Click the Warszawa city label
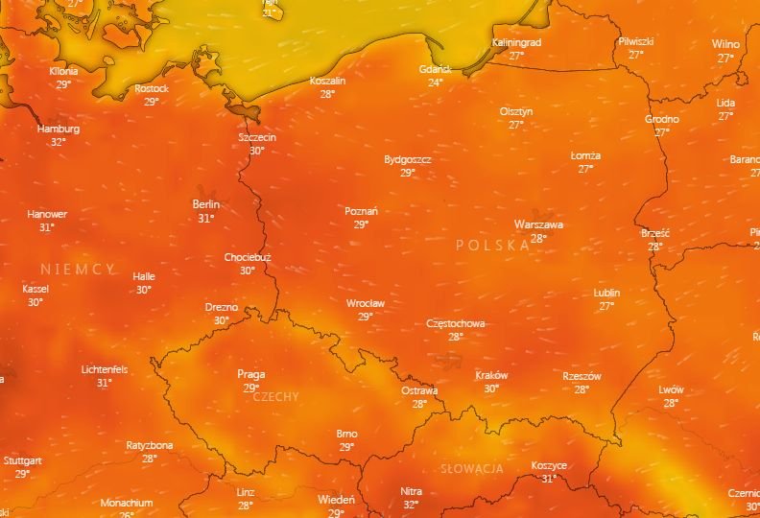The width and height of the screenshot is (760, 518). click(x=538, y=224)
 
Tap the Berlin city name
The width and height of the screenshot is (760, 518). click(x=205, y=204)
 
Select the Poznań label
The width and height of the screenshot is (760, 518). click(x=361, y=211)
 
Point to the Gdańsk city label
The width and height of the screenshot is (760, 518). click(x=435, y=69)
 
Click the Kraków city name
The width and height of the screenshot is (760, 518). click(x=491, y=375)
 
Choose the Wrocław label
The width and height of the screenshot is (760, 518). click(x=365, y=303)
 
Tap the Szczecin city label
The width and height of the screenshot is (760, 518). click(x=257, y=137)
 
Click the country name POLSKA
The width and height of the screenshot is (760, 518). click(x=492, y=246)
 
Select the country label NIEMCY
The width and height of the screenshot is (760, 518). click(x=78, y=270)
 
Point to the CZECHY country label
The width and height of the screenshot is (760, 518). click(x=276, y=396)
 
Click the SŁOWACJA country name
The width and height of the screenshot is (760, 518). click(x=472, y=469)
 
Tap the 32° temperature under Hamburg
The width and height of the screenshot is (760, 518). click(x=59, y=142)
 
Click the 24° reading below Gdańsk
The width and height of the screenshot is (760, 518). click(x=435, y=82)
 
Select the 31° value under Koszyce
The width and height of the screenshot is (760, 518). click(x=549, y=479)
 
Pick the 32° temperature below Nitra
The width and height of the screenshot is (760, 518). click(x=411, y=505)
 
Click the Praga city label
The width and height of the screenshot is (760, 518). click(x=251, y=374)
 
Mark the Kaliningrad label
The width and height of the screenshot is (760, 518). click(x=516, y=43)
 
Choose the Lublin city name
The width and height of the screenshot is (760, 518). click(x=606, y=293)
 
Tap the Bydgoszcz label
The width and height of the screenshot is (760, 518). click(x=407, y=159)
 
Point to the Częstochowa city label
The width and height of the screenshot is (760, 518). click(x=455, y=323)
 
